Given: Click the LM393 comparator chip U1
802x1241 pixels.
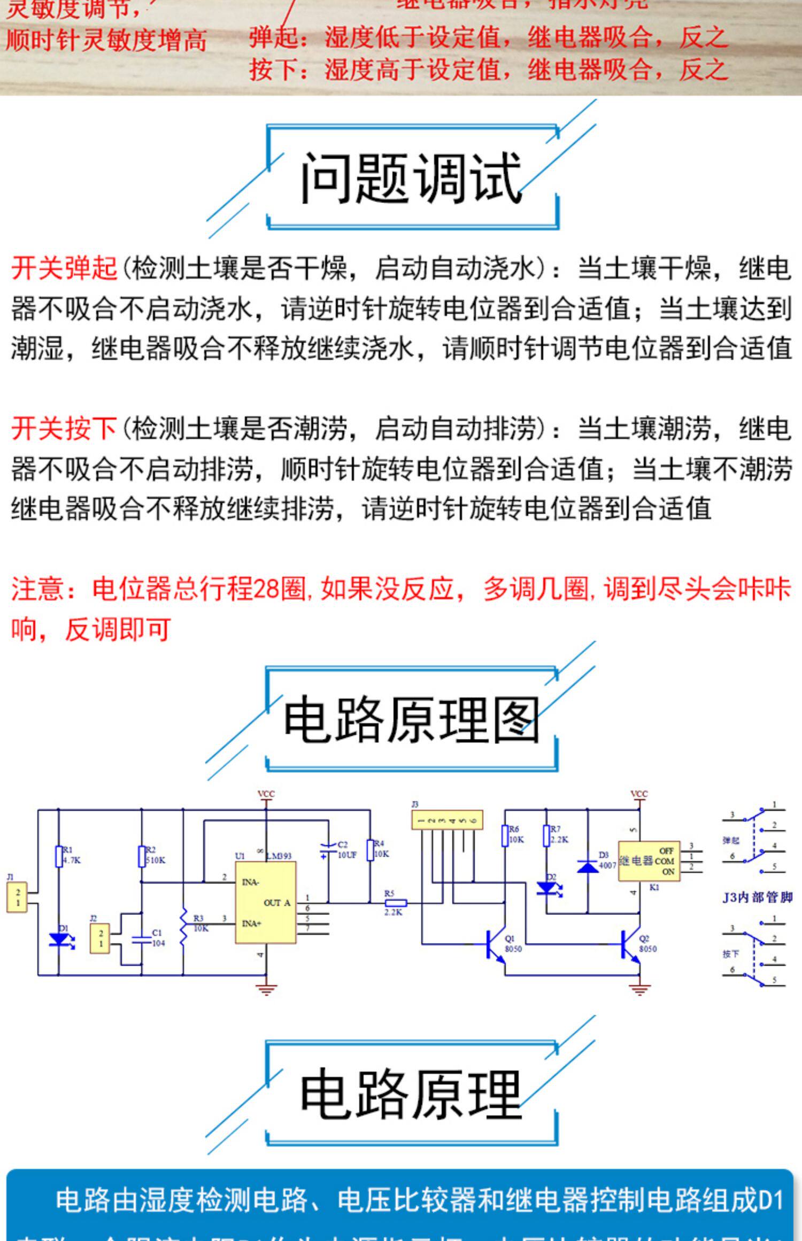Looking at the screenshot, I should (x=266, y=903).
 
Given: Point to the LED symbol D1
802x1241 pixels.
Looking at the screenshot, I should (x=59, y=939).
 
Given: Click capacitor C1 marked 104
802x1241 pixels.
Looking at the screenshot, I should (x=142, y=939).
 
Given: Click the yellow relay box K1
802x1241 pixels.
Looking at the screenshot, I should (x=649, y=861).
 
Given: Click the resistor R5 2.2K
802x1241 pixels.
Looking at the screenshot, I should (x=395, y=903).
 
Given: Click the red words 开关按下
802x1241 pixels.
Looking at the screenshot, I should (x=64, y=429).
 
